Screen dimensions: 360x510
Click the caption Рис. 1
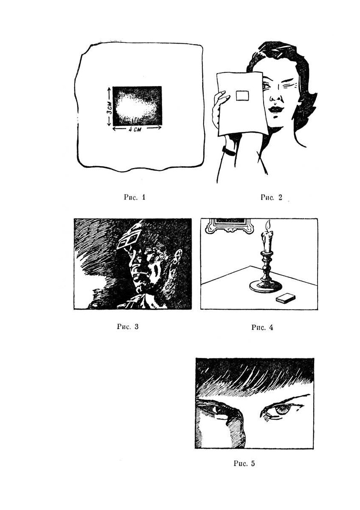[135, 197]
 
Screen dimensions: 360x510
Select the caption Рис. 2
[271, 197]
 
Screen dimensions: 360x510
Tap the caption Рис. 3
[128, 326]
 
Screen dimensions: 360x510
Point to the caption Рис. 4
[262, 327]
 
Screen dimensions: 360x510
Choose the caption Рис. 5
[244, 463]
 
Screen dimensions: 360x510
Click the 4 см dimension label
[132, 129]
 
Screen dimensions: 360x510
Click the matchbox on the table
[285, 298]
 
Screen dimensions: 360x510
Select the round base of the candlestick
[265, 287]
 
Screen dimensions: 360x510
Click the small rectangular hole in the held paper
[242, 95]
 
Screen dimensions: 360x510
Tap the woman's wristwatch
[229, 151]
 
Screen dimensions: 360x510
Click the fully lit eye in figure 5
[282, 410]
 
